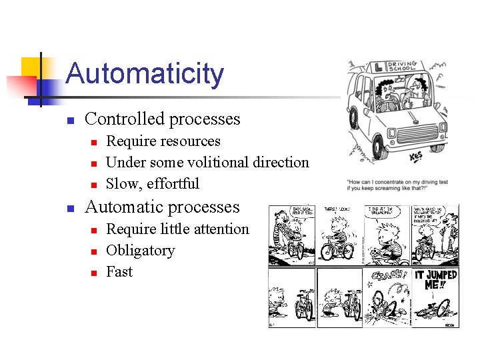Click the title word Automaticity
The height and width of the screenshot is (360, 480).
[x=145, y=74]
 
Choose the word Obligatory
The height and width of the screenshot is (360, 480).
[x=140, y=251]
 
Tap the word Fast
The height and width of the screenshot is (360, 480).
[x=119, y=272]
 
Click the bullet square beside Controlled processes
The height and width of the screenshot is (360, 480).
[x=69, y=121]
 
